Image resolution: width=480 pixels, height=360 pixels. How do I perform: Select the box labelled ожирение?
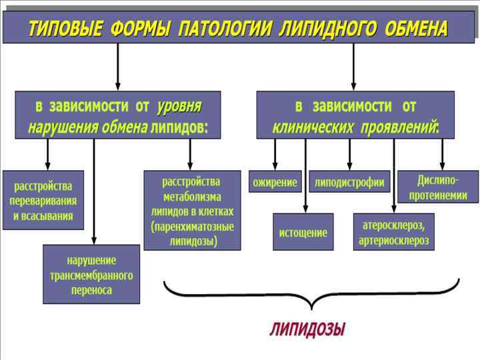point(275,181)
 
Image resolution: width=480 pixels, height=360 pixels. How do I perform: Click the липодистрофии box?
point(349,181)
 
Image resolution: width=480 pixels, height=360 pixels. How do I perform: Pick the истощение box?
point(303,232)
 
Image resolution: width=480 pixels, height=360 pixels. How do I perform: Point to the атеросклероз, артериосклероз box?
point(394,231)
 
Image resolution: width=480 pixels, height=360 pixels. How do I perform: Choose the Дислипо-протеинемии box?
point(437,187)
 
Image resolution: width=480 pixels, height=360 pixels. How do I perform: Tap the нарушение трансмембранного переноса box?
point(91,274)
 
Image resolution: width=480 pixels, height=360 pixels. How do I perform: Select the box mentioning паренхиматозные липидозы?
point(193,210)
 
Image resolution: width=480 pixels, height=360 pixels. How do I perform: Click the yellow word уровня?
point(179,107)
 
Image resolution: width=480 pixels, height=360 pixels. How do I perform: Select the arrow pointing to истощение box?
point(305,177)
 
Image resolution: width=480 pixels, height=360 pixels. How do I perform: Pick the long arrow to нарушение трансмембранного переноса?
point(94,193)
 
